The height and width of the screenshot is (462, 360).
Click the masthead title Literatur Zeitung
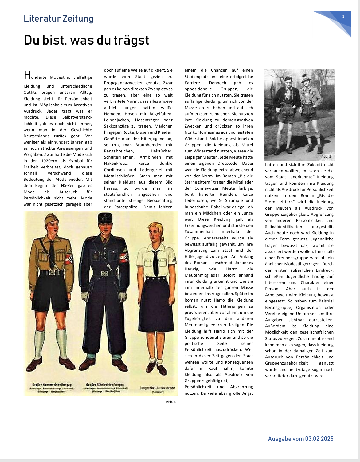58,18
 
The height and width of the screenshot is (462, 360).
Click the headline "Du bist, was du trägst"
86,40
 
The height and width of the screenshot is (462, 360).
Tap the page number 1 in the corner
343,16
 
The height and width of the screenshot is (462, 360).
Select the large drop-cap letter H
27,75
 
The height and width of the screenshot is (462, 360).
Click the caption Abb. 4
171,402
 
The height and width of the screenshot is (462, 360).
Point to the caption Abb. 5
326,156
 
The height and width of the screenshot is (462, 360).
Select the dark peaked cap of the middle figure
105,218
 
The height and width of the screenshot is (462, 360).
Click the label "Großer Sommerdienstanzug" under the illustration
52,385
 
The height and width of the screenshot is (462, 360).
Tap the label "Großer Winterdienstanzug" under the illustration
105,385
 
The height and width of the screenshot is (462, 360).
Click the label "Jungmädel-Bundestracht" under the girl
157,388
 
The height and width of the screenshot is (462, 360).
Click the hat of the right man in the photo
306,79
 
